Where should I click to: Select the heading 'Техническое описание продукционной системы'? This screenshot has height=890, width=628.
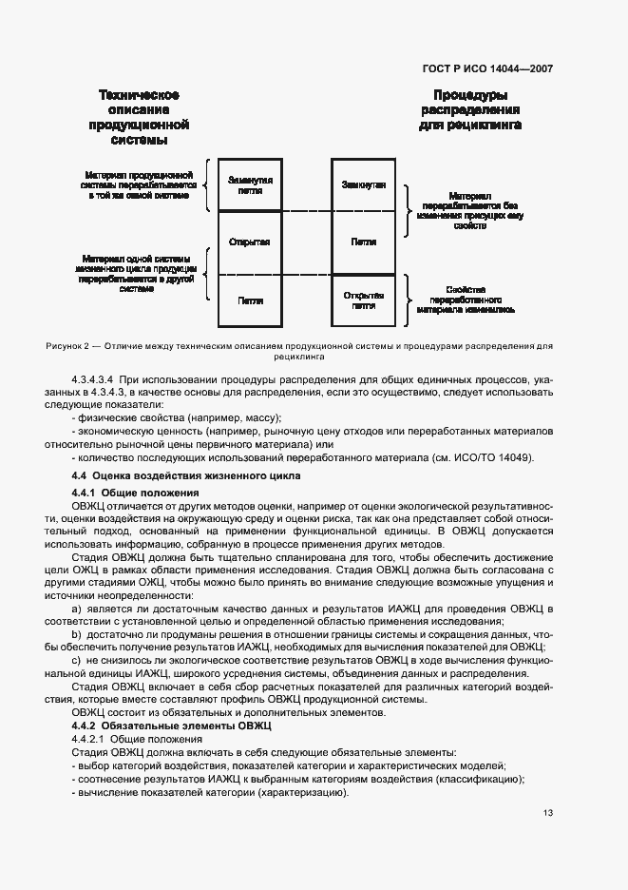pos(140,117)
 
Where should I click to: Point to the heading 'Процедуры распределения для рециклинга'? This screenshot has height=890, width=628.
pos(469,110)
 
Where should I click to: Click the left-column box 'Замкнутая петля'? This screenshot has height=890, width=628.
pos(250,184)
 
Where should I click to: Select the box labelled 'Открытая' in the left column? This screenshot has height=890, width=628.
pos(250,242)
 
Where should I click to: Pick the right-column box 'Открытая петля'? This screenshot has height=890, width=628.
pos(362,300)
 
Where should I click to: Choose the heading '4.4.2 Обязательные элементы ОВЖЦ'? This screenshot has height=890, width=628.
pos(173,726)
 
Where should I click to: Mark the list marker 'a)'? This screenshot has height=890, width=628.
pos(77,606)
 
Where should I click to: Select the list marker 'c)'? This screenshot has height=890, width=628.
pos(77,659)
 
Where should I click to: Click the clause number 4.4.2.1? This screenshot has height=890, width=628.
pos(90,739)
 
